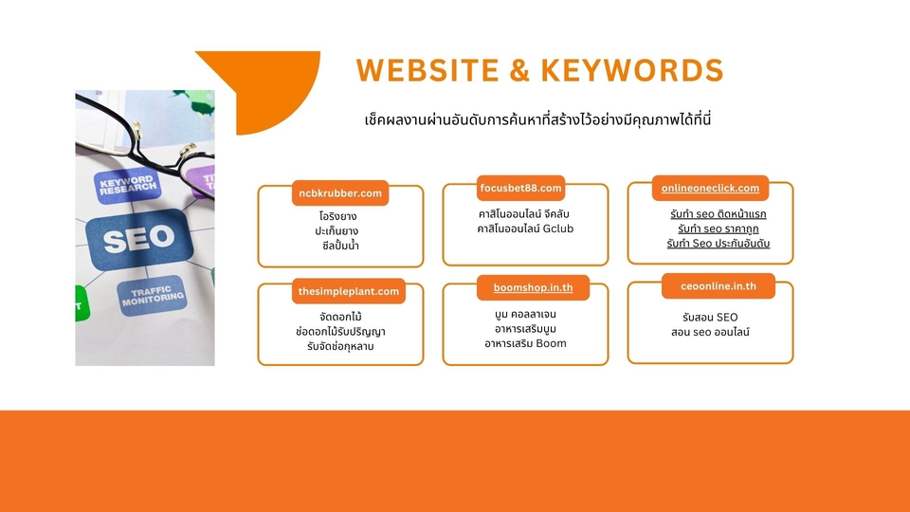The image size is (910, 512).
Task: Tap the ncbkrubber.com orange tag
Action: point(339,193)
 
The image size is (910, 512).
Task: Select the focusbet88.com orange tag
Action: point(520,188)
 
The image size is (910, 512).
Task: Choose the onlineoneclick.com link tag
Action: point(710,189)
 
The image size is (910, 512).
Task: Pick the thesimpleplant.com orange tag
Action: point(348,291)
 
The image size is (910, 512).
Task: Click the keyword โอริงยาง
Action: point(337,216)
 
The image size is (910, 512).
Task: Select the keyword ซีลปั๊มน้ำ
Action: point(340,246)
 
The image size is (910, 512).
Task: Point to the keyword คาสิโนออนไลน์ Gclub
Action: point(526,229)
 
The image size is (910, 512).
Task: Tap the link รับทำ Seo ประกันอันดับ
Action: point(718,245)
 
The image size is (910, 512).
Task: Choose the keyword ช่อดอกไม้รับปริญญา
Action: point(340,331)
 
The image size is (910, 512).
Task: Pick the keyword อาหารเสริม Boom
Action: point(524,343)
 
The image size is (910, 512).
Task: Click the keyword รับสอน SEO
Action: point(710,317)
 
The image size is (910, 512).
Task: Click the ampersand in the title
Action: point(523,70)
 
